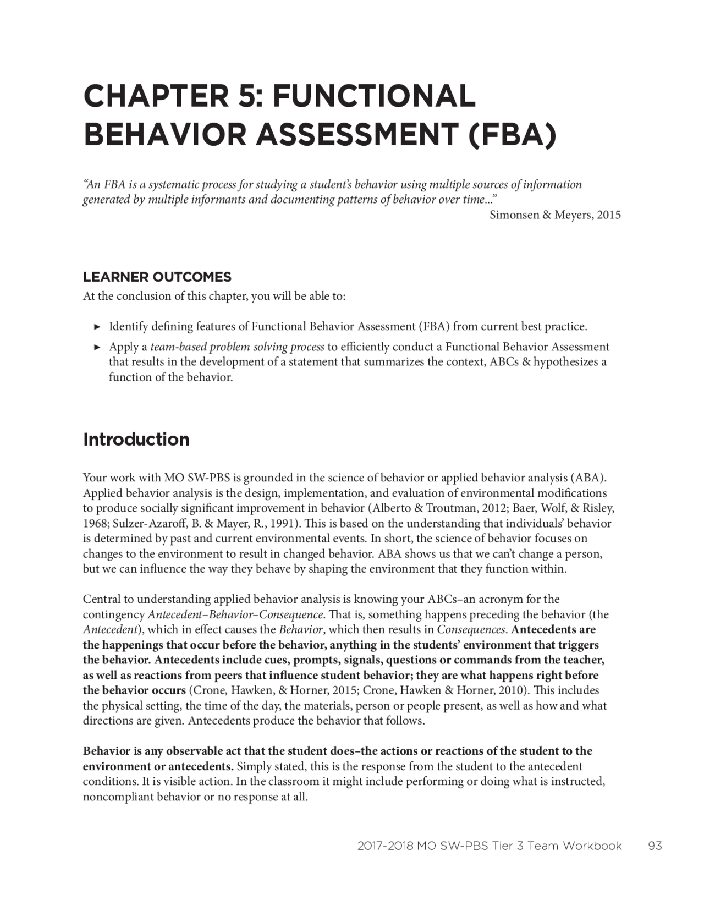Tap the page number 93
click(655, 846)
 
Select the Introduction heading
click(136, 440)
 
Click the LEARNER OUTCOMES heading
click(157, 277)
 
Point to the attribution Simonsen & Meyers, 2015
click(555, 215)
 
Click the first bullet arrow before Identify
click(97, 327)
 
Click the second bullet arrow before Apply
click(97, 347)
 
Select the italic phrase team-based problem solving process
click(237, 347)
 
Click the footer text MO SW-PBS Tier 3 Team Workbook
click(519, 846)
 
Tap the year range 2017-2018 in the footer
click(385, 846)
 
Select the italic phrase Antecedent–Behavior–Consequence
click(235, 614)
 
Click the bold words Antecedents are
click(553, 629)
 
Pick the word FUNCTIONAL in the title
click(374, 96)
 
